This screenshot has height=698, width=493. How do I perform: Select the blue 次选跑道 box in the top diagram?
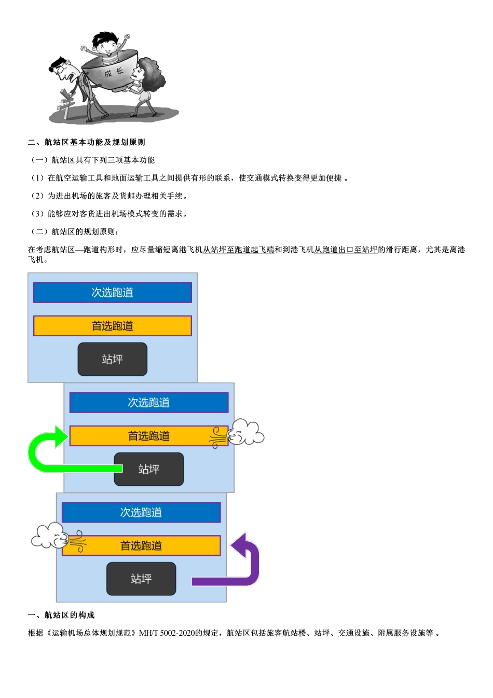(113, 293)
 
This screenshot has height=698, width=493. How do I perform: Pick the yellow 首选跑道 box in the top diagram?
(113, 326)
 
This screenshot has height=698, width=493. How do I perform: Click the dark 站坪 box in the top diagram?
(113, 359)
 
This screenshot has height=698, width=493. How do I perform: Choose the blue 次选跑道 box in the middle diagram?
(149, 403)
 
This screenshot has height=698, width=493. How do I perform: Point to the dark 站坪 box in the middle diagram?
(149, 469)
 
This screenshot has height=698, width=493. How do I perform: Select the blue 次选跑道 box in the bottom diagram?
(141, 512)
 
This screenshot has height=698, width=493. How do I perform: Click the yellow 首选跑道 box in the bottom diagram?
(141, 545)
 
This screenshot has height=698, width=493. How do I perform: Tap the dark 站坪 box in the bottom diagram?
(141, 579)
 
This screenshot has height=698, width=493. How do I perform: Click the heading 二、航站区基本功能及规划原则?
(87, 142)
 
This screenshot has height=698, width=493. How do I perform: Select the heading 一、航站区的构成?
(61, 615)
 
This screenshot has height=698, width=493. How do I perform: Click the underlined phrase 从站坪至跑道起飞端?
(238, 250)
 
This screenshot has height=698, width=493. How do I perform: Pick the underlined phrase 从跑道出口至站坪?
(346, 250)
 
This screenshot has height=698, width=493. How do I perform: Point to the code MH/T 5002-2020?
(167, 633)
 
